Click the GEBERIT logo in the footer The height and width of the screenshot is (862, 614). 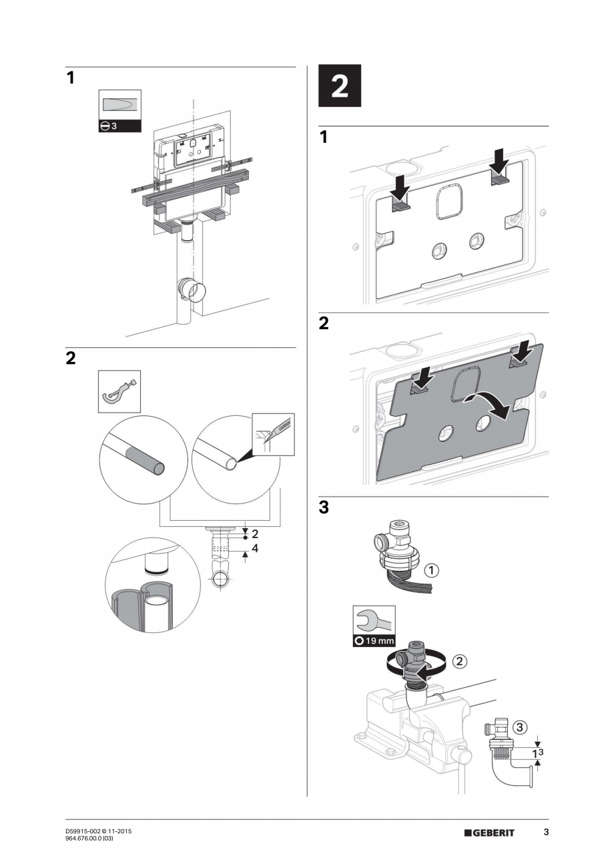(x=489, y=833)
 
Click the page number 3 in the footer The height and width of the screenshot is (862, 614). (x=546, y=832)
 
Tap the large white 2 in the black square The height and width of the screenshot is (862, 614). (x=339, y=87)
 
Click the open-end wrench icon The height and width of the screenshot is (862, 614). (x=374, y=620)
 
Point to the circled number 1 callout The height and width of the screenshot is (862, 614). (x=432, y=570)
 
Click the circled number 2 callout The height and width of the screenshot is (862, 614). (x=459, y=662)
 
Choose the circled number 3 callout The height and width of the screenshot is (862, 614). (x=521, y=726)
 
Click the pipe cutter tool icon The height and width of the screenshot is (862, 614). (x=120, y=392)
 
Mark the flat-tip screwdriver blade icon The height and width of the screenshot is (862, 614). (x=120, y=105)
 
